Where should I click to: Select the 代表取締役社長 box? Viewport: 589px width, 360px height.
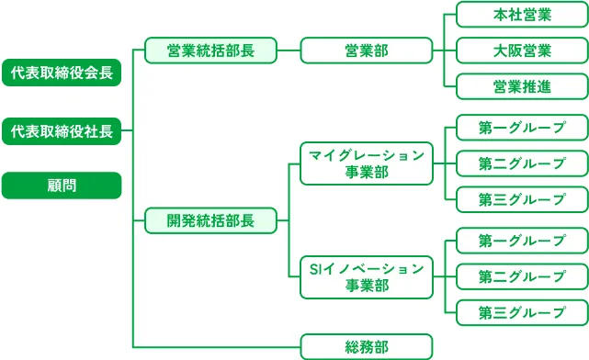[62, 131]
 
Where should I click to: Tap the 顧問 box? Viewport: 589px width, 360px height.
[62, 186]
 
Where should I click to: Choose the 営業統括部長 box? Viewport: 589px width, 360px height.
[210, 51]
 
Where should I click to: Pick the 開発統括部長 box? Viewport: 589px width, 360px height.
[210, 220]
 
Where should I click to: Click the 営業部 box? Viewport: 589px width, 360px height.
[366, 51]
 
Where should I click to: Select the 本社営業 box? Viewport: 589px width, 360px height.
[522, 15]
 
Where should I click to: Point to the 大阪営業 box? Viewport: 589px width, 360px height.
[522, 51]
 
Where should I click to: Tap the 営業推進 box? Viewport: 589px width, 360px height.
[522, 86]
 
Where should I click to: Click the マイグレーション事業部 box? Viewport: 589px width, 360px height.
[366, 163]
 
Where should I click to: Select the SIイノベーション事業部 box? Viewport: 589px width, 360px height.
[366, 276]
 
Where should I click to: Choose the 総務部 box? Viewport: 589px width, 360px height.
[366, 346]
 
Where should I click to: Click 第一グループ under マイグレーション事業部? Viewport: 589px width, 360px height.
[522, 128]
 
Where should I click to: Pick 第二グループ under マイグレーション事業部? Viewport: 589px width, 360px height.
[522, 163]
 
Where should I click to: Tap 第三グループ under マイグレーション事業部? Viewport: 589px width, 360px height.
[522, 199]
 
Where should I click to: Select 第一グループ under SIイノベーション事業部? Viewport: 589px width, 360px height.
[522, 241]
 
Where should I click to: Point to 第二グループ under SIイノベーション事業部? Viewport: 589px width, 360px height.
[522, 276]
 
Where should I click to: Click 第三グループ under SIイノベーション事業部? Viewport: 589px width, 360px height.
[522, 312]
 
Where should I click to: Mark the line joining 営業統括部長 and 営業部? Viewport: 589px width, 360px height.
[289, 51]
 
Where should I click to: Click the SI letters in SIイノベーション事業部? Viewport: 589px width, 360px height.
[315, 268]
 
